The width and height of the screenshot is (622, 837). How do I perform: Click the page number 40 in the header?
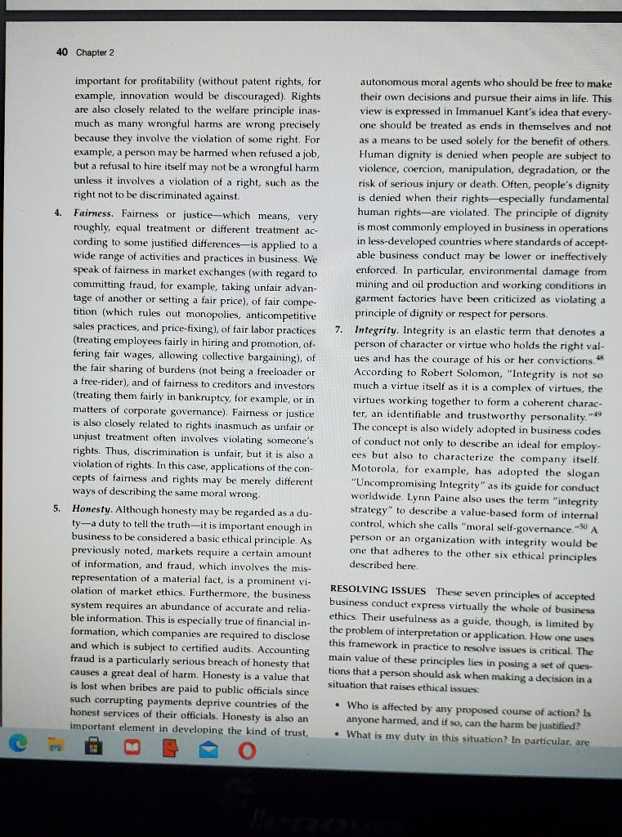tap(62, 52)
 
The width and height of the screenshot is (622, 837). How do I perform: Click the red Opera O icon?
tap(248, 747)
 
